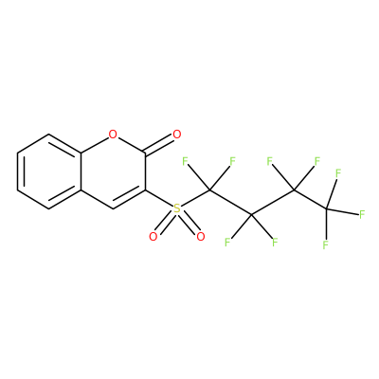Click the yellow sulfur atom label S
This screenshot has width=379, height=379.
tap(177, 208)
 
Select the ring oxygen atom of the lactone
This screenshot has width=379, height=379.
tap(113, 135)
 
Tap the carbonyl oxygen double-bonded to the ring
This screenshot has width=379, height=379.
tap(177, 135)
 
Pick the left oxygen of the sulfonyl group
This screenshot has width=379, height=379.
tap(153, 236)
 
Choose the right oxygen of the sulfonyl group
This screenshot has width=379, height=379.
tap(201, 236)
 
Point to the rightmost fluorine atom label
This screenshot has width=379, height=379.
tap(362, 214)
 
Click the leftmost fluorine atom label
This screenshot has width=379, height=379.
tap(185, 162)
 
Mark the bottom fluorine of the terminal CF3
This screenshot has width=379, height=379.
tap(326, 244)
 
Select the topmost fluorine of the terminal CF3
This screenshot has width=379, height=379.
tap(338, 173)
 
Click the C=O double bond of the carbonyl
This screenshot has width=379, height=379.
tap(159, 145)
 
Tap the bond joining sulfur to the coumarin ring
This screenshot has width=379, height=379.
tap(159, 199)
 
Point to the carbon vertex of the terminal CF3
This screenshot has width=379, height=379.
tap(327, 208)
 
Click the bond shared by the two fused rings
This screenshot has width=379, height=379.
tap(81, 171)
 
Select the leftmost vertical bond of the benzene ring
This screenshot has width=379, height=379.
tap(18, 171)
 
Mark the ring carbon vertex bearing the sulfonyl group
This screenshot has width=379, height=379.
tap(145, 190)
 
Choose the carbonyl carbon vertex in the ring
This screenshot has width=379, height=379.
tap(145, 153)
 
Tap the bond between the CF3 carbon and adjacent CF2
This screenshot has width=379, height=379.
tap(311, 199)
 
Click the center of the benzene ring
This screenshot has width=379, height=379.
tap(49, 171)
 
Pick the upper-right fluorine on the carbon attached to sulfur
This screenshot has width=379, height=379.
tap(233, 162)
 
